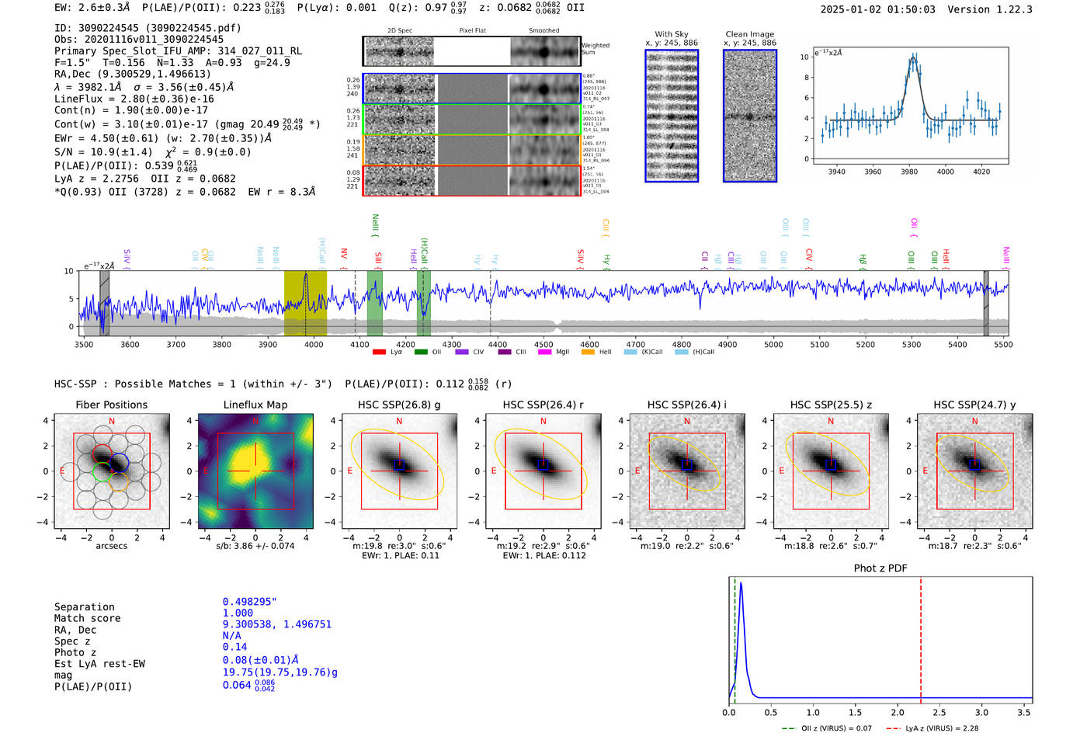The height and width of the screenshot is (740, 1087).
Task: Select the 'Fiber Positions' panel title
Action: click(111, 405)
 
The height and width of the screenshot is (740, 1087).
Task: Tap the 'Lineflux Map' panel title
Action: click(255, 405)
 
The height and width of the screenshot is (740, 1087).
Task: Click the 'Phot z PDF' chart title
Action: click(880, 568)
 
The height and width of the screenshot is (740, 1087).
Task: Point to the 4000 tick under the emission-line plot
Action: click(945, 172)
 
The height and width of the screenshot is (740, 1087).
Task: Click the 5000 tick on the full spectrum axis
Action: click(773, 345)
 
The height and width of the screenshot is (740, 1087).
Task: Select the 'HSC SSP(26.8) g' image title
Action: click(399, 405)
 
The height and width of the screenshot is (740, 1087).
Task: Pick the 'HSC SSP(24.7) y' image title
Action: click(974, 405)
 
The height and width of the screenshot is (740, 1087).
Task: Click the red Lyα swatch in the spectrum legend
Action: click(379, 352)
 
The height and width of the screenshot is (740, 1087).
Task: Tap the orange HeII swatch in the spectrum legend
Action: click(588, 352)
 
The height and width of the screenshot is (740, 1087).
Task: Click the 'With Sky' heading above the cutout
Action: click(671, 34)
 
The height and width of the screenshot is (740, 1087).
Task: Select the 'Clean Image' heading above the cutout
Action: click(749, 34)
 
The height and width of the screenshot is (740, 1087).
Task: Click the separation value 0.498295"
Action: click(249, 602)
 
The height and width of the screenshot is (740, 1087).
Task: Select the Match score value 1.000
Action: click(238, 613)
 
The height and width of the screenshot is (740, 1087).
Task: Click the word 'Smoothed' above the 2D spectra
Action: click(543, 30)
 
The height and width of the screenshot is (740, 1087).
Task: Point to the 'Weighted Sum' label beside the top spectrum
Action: click(595, 48)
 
